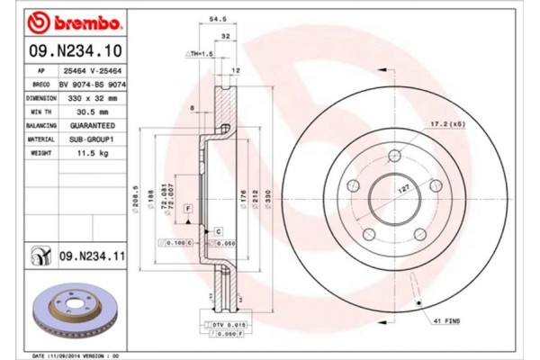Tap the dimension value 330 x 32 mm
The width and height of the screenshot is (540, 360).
tap(94, 97)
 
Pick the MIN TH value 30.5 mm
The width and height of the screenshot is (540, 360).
tap(94, 111)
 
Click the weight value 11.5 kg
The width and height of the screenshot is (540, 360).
tap(94, 154)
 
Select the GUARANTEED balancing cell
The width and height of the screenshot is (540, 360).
tap(94, 125)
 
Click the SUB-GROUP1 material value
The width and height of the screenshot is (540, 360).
tap(94, 139)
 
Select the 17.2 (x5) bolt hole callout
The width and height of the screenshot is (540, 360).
tap(447, 121)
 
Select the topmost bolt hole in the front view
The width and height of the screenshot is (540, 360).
tap(392, 157)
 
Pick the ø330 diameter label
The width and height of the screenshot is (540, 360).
tap(267, 197)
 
